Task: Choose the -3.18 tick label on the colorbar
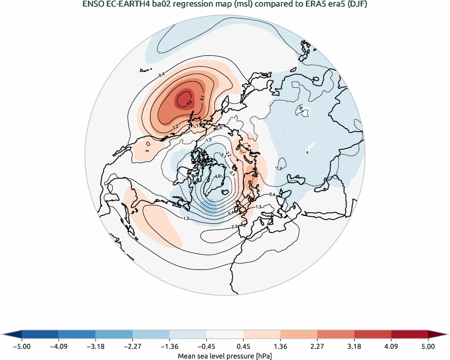[x=95, y=347]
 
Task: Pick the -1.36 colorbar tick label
[x=170, y=347]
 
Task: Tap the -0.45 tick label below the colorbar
[x=206, y=347]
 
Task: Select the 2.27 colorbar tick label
[x=317, y=347]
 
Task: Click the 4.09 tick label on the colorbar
[x=391, y=347]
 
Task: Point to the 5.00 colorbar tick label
[x=428, y=347]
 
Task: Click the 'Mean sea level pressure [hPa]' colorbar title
[x=224, y=356]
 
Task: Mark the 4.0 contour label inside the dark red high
[x=189, y=103]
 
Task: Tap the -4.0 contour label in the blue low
[x=218, y=177]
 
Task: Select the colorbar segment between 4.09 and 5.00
[x=409, y=334]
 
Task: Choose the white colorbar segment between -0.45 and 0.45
[x=224, y=334]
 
